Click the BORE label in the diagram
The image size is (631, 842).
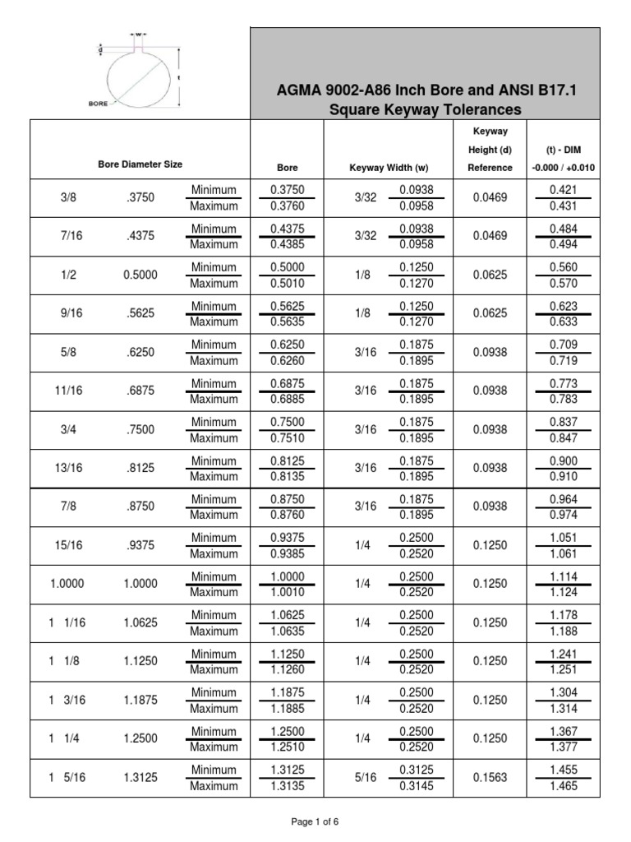pos(99,104)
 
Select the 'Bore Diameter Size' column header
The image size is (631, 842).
pos(140,164)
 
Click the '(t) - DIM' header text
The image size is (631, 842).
pos(564,150)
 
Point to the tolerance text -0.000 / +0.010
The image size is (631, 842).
pos(564,168)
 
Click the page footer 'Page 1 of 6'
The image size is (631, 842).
pos(315,821)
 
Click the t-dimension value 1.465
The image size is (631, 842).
pos(564,785)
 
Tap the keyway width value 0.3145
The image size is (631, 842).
pos(417,785)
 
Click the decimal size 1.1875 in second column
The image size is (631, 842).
pos(140,701)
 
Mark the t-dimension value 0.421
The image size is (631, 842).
pos(564,190)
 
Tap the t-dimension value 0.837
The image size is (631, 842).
pos(564,422)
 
